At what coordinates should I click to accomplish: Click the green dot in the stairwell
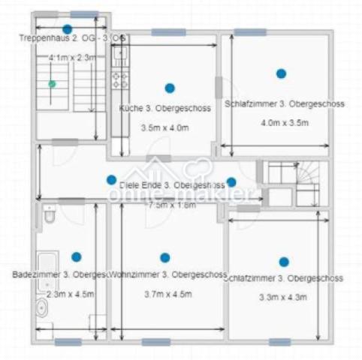(51, 84)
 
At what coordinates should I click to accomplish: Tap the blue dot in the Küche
(170, 88)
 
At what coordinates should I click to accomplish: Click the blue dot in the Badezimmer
(76, 256)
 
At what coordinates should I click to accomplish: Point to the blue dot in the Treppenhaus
(67, 29)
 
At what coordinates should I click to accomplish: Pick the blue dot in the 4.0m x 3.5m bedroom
(281, 73)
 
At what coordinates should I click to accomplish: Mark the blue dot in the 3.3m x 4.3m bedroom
(283, 262)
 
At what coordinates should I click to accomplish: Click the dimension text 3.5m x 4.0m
(165, 128)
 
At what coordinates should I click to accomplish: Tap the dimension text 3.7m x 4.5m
(167, 294)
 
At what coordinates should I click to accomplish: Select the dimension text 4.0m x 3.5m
(285, 123)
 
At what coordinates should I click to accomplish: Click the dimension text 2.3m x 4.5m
(71, 294)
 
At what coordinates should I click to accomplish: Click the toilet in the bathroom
(49, 215)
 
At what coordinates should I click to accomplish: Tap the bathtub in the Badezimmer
(43, 281)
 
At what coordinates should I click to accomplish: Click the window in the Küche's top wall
(168, 32)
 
